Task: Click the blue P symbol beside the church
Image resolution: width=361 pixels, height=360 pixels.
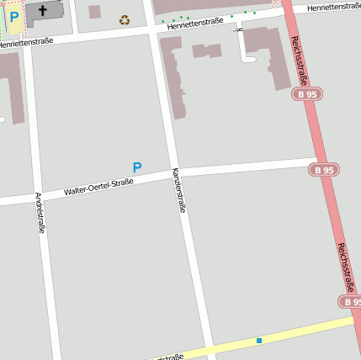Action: [x=14, y=16]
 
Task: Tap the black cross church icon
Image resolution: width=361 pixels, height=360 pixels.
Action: [x=43, y=11]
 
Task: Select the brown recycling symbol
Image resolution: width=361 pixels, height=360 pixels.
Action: [x=125, y=19]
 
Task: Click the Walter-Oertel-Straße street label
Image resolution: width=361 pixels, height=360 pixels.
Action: [x=98, y=187]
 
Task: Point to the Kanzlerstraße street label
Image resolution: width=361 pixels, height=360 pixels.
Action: [x=178, y=189]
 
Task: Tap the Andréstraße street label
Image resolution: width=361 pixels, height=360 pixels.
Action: [x=40, y=212]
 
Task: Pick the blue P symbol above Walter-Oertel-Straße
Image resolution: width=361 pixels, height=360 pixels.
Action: [x=137, y=168]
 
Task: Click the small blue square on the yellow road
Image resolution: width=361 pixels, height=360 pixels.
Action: [x=259, y=340]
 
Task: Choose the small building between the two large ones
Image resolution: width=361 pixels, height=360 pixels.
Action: [x=206, y=50]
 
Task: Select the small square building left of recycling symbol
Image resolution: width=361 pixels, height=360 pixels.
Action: [x=94, y=12]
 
